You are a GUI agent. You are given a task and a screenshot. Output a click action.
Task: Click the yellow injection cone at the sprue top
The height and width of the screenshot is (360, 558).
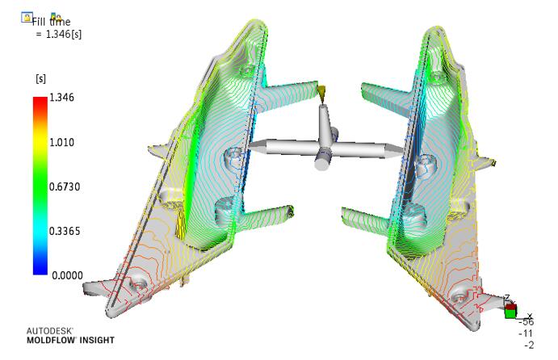(321, 94)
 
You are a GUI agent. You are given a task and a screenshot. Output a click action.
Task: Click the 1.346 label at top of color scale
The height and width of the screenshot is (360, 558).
(61, 98)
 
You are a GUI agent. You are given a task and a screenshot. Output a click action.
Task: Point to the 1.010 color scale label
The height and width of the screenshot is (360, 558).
(61, 142)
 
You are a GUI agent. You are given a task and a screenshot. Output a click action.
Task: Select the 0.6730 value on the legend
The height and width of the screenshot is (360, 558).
(65, 186)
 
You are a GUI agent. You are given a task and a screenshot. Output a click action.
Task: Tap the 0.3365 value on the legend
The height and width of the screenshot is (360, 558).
(65, 231)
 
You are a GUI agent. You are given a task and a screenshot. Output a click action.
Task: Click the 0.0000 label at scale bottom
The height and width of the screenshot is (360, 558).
(67, 275)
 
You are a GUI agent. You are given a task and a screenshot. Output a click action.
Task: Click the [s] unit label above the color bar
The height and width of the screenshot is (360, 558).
(41, 78)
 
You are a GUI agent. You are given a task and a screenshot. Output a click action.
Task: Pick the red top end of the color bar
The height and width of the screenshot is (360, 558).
(40, 100)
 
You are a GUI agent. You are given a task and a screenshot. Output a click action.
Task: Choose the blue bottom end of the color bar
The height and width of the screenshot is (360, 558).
(40, 270)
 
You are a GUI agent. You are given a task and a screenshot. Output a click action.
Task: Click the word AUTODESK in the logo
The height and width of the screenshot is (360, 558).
(50, 331)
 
